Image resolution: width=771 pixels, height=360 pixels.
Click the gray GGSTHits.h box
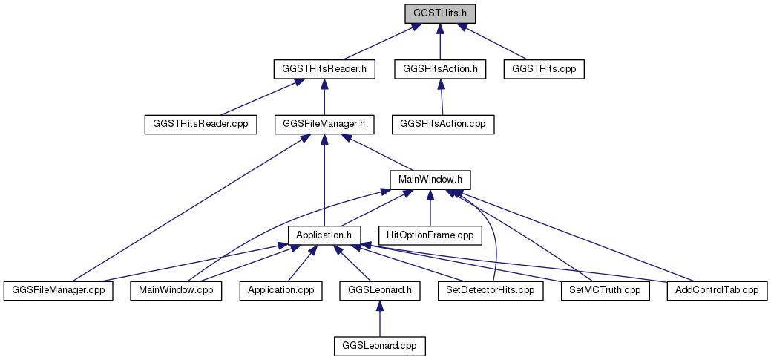[440, 14]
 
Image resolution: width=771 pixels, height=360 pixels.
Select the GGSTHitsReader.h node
[324, 69]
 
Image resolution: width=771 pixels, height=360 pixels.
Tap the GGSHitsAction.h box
[440, 69]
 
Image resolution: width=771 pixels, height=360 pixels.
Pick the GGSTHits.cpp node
[544, 69]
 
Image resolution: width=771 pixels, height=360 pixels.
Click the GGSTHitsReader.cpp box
[200, 125]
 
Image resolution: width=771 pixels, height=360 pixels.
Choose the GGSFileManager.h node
[324, 125]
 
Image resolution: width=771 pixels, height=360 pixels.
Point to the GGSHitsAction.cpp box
[443, 125]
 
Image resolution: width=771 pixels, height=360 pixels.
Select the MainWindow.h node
[430, 180]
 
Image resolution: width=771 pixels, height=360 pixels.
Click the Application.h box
[324, 235]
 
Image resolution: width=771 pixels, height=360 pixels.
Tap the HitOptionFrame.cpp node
[430, 235]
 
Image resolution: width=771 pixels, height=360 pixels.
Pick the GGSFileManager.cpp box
[58, 291]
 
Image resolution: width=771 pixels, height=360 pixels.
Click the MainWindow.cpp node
[176, 291]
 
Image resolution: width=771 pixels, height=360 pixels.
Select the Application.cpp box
[280, 291]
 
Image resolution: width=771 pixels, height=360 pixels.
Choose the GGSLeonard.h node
[380, 291]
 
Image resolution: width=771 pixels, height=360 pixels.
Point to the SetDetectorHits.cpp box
[491, 291]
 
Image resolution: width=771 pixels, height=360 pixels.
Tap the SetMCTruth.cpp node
[606, 291]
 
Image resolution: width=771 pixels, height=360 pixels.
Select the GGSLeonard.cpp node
[380, 346]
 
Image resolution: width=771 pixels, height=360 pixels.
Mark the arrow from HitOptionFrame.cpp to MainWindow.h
[430, 208]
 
